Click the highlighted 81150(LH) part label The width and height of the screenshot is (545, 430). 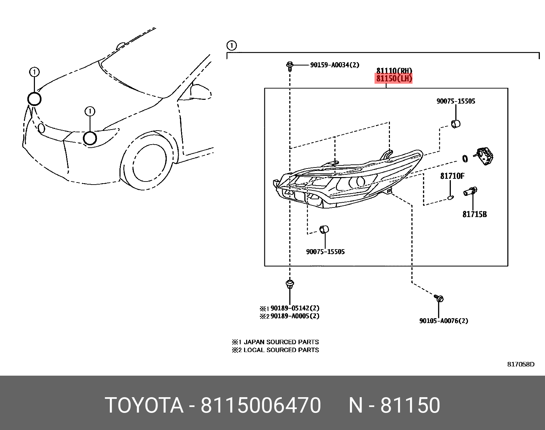(394, 79)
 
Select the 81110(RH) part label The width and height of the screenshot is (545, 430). (394, 71)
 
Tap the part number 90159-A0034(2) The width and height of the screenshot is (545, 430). (334, 65)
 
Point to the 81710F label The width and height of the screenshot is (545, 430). (452, 176)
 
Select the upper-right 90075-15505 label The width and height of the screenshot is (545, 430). (456, 101)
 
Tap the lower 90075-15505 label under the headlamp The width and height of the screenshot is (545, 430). (325, 252)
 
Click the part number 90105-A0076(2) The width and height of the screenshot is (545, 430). (443, 321)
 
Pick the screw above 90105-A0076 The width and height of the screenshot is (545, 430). (439, 298)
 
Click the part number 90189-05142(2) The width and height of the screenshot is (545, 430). (294, 308)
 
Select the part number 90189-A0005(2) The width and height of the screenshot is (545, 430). (294, 316)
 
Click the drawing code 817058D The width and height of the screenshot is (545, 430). (520, 364)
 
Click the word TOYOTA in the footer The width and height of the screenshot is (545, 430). (144, 405)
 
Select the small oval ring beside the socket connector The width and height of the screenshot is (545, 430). (465, 159)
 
